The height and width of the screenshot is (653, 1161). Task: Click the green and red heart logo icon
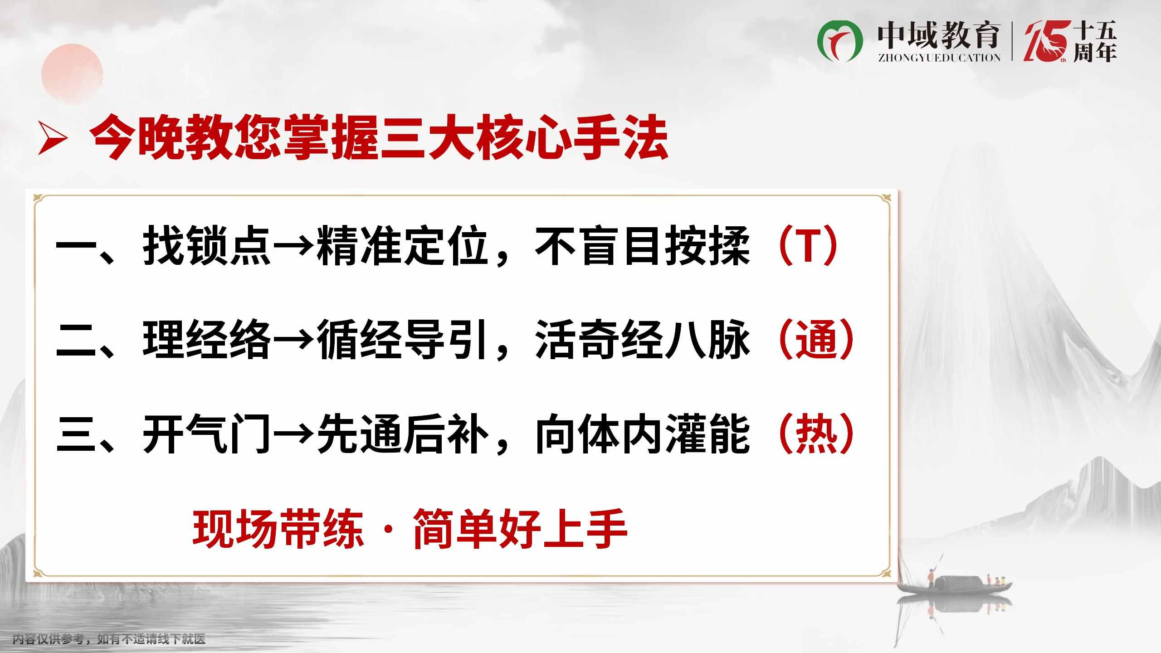coord(840,42)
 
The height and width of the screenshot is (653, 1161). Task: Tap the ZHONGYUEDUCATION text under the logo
coord(939,58)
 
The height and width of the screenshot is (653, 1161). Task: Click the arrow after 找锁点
coord(293,249)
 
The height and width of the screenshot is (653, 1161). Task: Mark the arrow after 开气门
coord(293,435)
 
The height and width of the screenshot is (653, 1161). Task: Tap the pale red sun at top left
coord(72,74)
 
